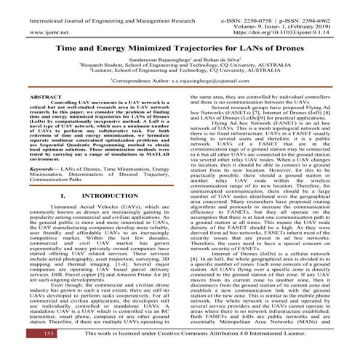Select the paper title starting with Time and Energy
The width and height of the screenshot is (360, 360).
[180, 44]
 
